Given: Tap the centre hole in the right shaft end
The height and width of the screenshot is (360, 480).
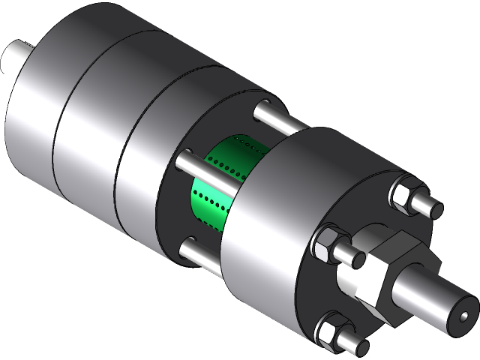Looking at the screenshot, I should pos(463,313).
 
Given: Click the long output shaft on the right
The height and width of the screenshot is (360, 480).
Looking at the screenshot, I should pos(435,296).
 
